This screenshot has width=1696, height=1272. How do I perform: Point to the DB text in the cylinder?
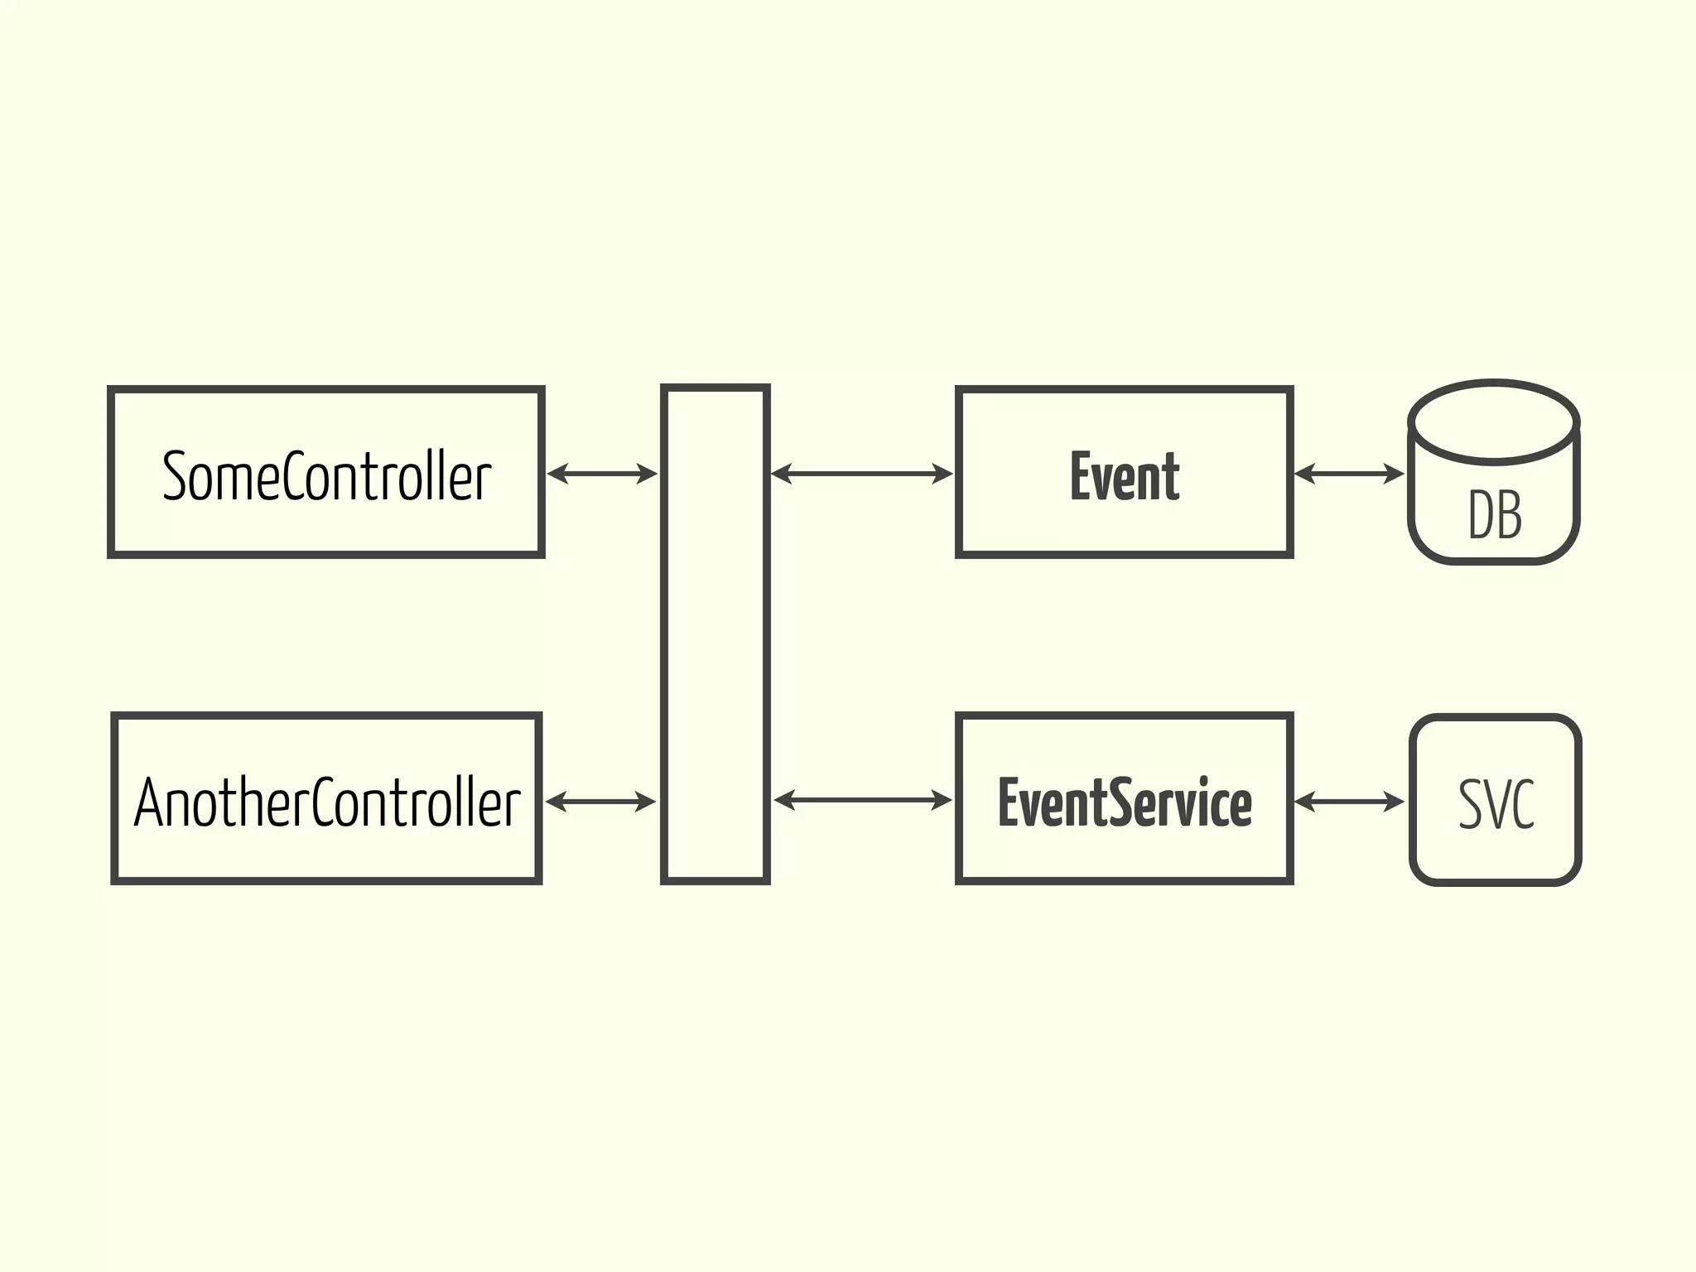click(1494, 515)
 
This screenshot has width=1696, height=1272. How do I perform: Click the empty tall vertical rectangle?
click(715, 634)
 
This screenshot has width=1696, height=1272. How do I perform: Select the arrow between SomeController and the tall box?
click(602, 474)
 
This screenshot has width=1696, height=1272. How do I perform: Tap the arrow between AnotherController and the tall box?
click(600, 802)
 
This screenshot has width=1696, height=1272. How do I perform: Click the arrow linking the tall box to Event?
click(862, 474)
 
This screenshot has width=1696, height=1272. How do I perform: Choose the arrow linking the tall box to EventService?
click(863, 800)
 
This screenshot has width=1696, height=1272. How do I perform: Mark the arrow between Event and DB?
click(1349, 474)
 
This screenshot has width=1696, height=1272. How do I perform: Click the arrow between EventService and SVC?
click(1349, 802)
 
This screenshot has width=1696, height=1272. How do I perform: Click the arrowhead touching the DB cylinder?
click(1395, 474)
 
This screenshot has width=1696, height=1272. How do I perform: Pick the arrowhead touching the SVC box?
click(1395, 802)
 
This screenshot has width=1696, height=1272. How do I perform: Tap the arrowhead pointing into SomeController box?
click(556, 474)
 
